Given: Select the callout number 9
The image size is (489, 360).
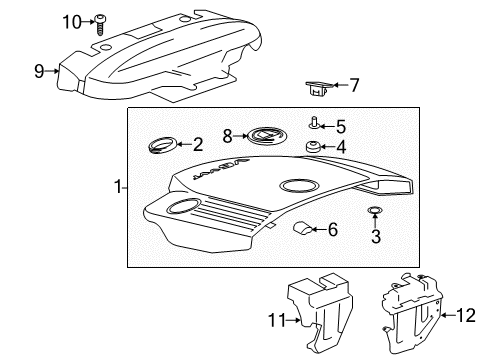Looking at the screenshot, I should coord(39,71).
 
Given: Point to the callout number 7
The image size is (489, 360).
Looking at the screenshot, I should coord(353,87).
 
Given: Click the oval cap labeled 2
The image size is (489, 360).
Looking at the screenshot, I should coord(159,145).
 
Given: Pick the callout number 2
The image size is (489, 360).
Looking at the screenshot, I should coord(198,144).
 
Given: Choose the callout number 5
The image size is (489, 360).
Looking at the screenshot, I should coord(340,126).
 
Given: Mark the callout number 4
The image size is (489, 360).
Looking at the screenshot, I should coord(340,148).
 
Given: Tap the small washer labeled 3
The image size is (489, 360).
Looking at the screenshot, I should coord(375,211).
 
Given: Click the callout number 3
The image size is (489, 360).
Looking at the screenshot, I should coord(375,236).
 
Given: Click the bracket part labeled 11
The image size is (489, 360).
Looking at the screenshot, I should coord(312,310).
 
